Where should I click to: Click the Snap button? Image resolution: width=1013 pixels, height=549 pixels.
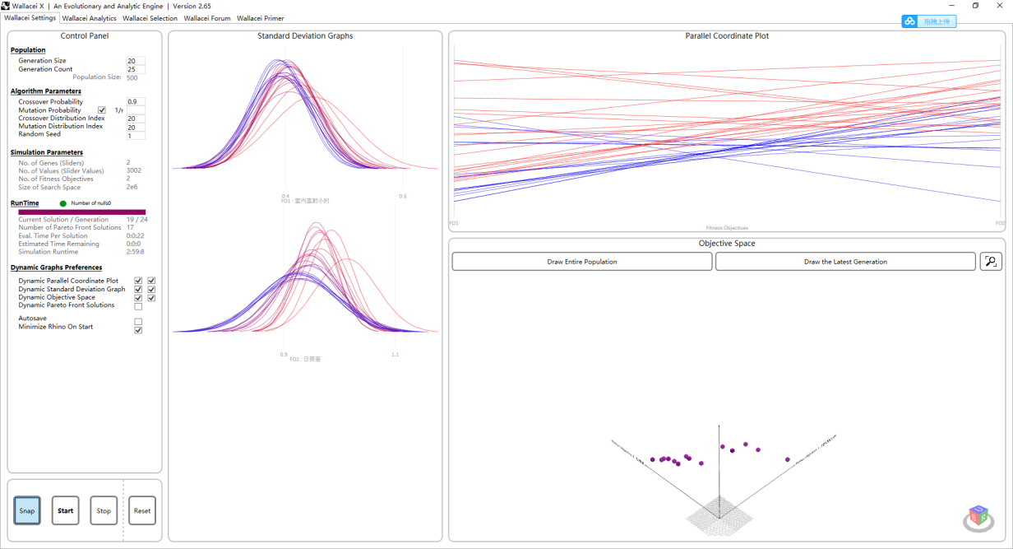click(27, 510)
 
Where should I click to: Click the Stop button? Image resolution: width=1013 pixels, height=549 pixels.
click(104, 510)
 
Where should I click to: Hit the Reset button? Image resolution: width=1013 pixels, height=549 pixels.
click(142, 510)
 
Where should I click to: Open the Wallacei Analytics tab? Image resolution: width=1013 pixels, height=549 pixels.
click(90, 18)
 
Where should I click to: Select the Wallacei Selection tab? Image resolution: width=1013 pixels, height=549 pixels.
click(150, 18)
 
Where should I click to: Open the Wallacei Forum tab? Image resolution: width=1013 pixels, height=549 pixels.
click(207, 18)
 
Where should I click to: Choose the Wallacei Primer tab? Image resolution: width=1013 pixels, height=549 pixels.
click(261, 18)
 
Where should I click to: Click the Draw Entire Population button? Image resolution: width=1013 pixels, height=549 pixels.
click(582, 262)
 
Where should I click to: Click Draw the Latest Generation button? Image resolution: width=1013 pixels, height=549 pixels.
click(845, 262)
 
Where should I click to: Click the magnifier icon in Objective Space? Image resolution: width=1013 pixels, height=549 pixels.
click(991, 262)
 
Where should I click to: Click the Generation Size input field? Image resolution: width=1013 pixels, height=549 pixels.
click(136, 61)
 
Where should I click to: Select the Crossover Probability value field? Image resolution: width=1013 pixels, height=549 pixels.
click(136, 102)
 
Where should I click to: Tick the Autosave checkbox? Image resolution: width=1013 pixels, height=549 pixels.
click(138, 322)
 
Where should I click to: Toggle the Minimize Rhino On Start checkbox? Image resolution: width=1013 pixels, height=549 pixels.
click(138, 330)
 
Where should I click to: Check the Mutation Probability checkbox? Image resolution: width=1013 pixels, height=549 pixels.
click(102, 110)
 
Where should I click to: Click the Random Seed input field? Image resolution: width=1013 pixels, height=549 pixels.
click(136, 135)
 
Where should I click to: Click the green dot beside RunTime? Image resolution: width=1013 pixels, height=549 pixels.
click(63, 203)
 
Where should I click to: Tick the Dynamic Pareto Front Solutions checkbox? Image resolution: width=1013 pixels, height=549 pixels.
click(138, 306)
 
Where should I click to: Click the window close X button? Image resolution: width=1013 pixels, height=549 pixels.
click(1000, 6)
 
